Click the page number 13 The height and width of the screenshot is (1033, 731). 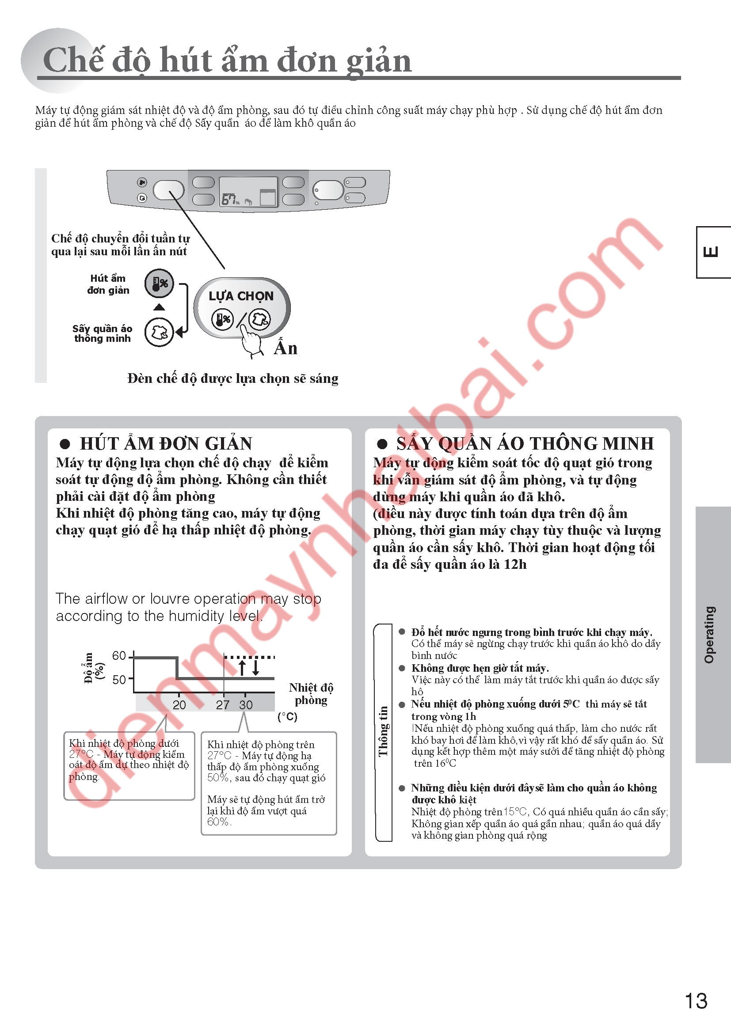pyautogui.click(x=696, y=1001)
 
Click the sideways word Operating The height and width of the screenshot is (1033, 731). pyautogui.click(x=709, y=635)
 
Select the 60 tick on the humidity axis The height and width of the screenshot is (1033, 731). pyautogui.click(x=119, y=655)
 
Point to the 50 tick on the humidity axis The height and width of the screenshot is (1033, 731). pyautogui.click(x=119, y=679)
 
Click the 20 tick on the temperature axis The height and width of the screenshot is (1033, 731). pyautogui.click(x=179, y=704)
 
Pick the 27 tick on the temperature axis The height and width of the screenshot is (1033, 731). pyautogui.click(x=223, y=704)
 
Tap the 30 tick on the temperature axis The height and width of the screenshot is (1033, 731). pyautogui.click(x=246, y=704)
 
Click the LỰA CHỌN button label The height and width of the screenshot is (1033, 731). pyautogui.click(x=241, y=296)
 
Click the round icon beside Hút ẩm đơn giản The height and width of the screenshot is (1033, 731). pyautogui.click(x=159, y=284)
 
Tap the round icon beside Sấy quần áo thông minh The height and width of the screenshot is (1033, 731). pyautogui.click(x=159, y=332)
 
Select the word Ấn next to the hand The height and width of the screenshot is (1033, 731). pyautogui.click(x=286, y=348)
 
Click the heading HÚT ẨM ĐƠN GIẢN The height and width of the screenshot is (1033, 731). pyautogui.click(x=166, y=443)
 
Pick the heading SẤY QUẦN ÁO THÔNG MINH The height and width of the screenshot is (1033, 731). pyautogui.click(x=525, y=443)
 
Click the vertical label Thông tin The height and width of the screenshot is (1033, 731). pyautogui.click(x=383, y=731)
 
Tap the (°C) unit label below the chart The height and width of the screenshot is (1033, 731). pyautogui.click(x=287, y=716)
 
